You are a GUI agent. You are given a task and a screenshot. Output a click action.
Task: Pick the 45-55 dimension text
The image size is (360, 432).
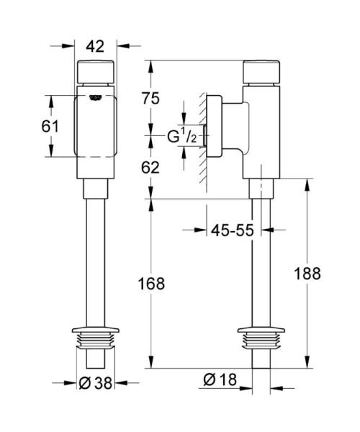233,230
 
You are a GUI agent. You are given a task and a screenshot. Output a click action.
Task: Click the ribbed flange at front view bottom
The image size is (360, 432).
96,340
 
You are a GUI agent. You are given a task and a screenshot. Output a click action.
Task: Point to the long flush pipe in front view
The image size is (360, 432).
96,266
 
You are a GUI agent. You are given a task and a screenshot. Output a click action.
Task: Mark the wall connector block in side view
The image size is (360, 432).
229,128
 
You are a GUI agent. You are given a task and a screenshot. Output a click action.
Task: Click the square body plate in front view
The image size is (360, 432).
96,130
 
